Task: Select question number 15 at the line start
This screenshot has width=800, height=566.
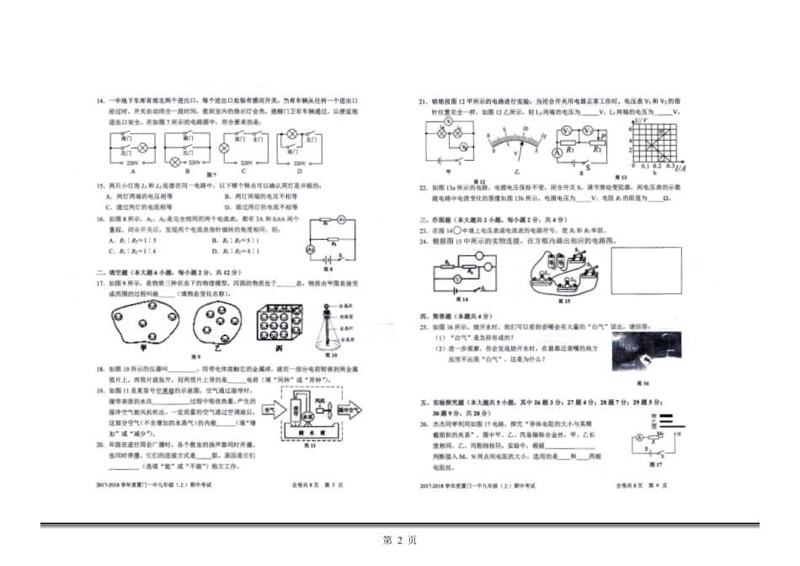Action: pos(100,184)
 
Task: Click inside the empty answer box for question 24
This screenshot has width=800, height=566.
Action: pos(650,272)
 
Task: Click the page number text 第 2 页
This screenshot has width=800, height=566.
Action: pos(400,540)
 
